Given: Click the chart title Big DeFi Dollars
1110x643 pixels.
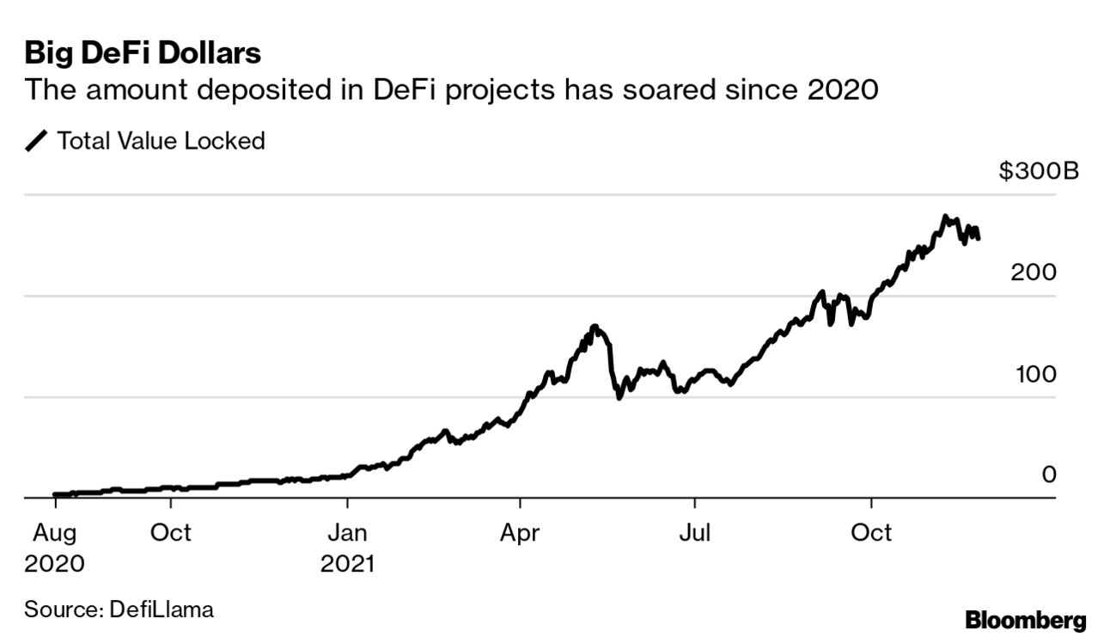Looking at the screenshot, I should coord(143,53).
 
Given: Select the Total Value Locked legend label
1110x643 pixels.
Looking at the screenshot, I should coord(161,141).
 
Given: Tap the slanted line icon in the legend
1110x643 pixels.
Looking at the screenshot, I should coord(38,142).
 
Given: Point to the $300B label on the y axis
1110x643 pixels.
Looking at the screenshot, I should coord(1038,172).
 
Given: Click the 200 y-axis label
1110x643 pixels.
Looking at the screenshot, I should coord(1034,273).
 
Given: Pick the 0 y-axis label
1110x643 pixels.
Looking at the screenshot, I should coord(1048,475).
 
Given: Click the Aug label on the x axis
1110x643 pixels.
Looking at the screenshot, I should coord(55,533).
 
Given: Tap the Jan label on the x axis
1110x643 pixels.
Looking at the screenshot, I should coord(347,533).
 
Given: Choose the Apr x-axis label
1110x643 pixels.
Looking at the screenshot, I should coord(519,533).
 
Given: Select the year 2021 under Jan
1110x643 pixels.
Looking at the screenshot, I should coord(348,565).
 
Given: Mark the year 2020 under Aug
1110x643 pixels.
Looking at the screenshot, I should coord(55,565).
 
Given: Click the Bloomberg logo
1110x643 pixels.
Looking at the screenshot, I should coord(1025,620).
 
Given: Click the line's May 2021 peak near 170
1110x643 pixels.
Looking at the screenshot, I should coord(595,327).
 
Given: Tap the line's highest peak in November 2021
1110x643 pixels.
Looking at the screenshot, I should coord(945,217).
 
